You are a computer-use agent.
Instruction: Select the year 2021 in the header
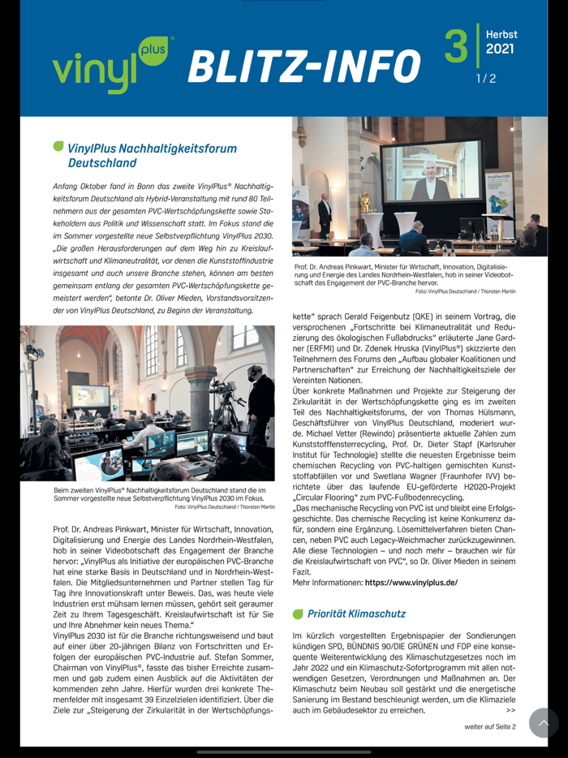(501, 50)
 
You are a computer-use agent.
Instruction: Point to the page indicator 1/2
(485, 79)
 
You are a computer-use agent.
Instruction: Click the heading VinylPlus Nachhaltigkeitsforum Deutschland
(152, 155)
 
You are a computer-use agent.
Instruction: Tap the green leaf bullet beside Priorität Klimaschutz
(297, 614)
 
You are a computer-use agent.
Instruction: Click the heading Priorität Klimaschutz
(356, 614)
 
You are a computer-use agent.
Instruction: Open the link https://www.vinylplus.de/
(411, 582)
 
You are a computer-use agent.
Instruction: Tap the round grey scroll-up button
(544, 722)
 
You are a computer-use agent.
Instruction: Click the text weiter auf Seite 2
(489, 726)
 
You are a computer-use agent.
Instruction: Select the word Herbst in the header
(501, 34)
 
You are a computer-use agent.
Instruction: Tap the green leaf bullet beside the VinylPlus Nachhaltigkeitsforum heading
(58, 147)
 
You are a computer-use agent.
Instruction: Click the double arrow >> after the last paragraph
(510, 710)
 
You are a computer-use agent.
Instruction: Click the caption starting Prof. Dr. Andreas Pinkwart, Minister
(404, 278)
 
